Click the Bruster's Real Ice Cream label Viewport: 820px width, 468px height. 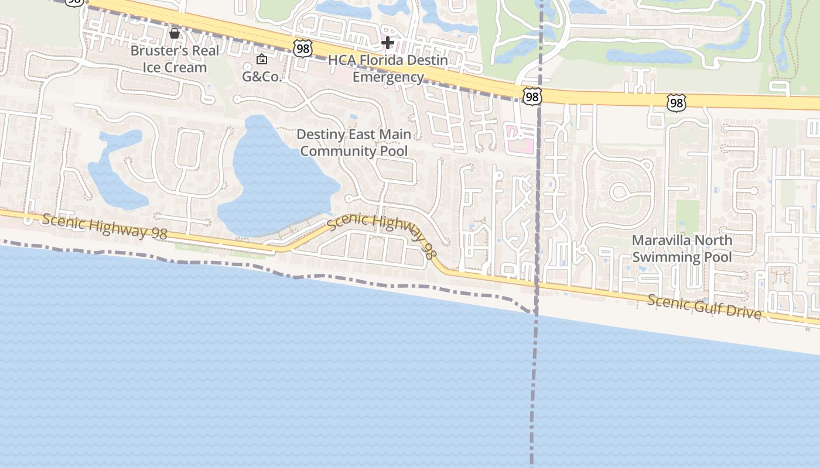tap(175, 58)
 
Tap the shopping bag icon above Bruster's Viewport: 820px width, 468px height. tap(175, 33)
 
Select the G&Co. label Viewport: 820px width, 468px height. tap(262, 77)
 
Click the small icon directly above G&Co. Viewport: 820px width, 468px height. tap(262, 59)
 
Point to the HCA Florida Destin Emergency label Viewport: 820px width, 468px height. tap(388, 68)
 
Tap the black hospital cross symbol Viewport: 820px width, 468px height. tap(387, 42)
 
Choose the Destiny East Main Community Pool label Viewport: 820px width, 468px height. tap(354, 142)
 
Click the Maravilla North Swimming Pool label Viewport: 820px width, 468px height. tap(682, 249)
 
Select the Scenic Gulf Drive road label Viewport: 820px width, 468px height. tap(705, 307)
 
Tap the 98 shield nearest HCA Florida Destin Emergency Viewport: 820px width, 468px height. tap(303, 49)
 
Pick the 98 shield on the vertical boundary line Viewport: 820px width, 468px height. tap(532, 97)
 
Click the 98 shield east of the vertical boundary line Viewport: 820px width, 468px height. tap(676, 103)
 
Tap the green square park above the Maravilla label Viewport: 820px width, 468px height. tap(688, 216)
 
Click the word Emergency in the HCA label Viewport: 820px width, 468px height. tap(388, 77)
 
